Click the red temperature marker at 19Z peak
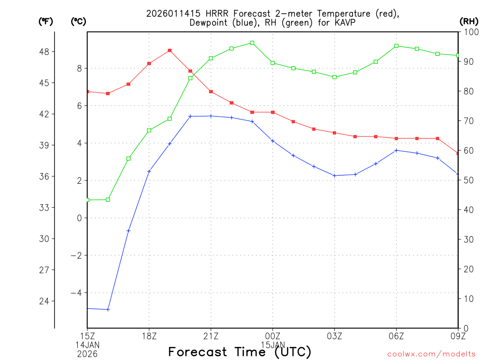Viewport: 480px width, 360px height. pyautogui.click(x=170, y=51)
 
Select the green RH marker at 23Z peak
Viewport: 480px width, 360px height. pyautogui.click(x=252, y=43)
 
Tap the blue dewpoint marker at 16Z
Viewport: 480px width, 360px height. pyautogui.click(x=108, y=309)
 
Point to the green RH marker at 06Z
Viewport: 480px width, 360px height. pyautogui.click(x=397, y=46)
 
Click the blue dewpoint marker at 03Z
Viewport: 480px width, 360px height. pyautogui.click(x=335, y=176)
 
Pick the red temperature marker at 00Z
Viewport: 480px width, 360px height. pyautogui.click(x=273, y=112)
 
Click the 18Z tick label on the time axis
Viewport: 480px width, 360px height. pyautogui.click(x=149, y=336)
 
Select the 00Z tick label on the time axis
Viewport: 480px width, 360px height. pyautogui.click(x=273, y=336)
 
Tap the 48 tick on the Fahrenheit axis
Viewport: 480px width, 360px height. pyautogui.click(x=47, y=52)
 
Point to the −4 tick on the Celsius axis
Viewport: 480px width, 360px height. pyautogui.click(x=75, y=293)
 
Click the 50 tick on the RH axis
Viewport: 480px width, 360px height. pyautogui.click(x=468, y=180)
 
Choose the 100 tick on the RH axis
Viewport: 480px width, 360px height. pyautogui.click(x=470, y=32)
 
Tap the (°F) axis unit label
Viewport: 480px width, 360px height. pyautogui.click(x=45, y=21)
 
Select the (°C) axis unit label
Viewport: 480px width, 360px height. pyautogui.click(x=78, y=21)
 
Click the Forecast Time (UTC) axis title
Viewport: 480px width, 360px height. pyautogui.click(x=240, y=352)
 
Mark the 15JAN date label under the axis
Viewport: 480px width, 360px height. pyautogui.click(x=273, y=344)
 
